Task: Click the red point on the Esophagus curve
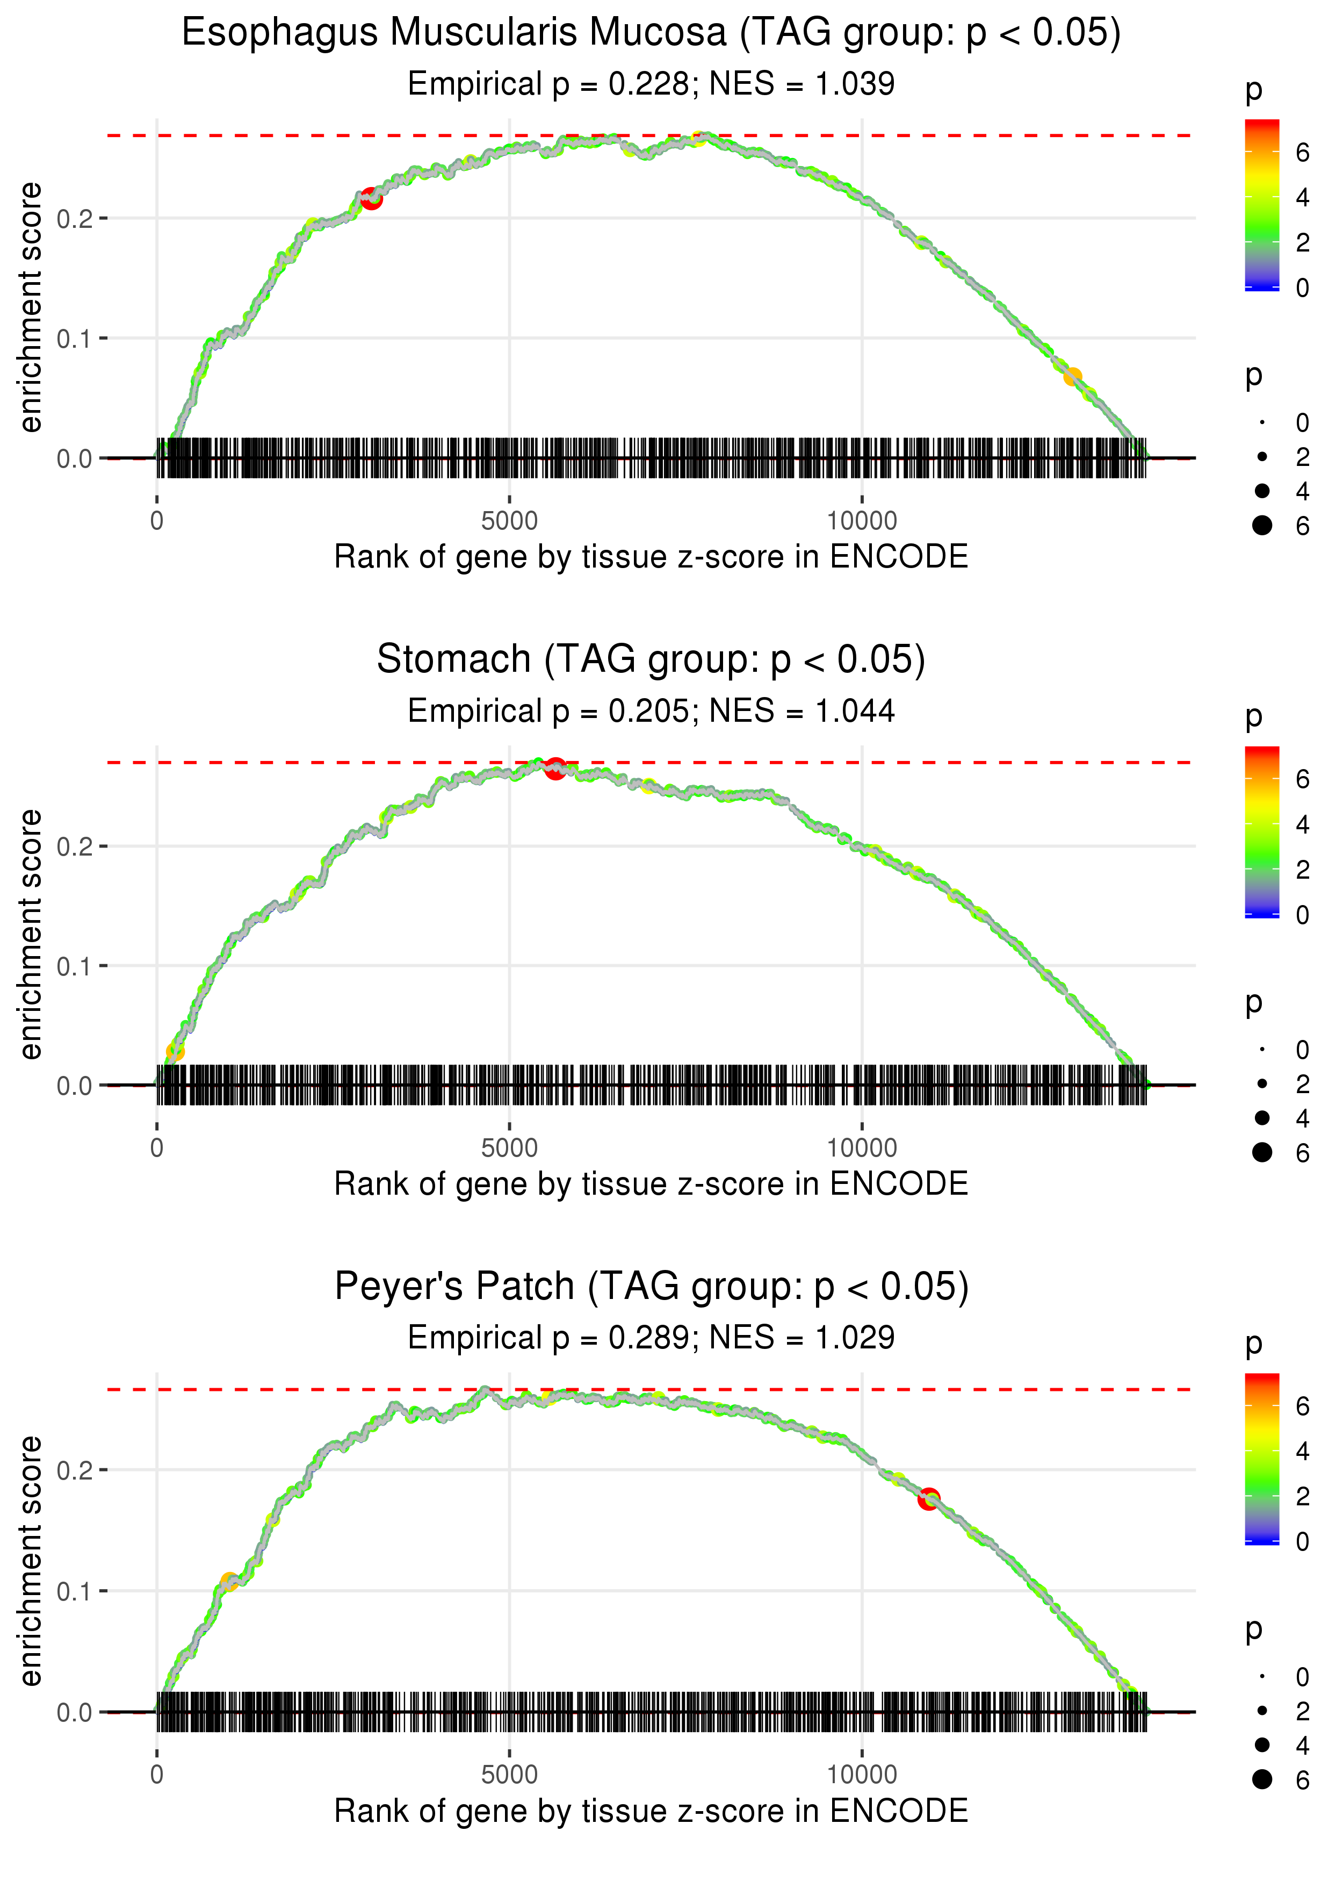point(371,198)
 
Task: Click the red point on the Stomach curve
point(555,769)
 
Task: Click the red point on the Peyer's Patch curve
point(929,1498)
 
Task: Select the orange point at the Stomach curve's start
point(175,1051)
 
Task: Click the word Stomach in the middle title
point(453,660)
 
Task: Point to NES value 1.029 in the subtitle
point(855,1338)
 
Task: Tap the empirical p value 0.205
point(649,712)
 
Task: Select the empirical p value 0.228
point(649,84)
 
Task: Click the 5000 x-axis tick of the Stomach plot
point(509,1148)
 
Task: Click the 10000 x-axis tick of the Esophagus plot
point(862,521)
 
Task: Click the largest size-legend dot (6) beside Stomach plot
point(1262,1152)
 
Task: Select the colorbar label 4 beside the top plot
point(1303,198)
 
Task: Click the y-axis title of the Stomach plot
point(31,935)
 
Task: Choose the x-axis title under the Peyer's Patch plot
point(651,1811)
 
